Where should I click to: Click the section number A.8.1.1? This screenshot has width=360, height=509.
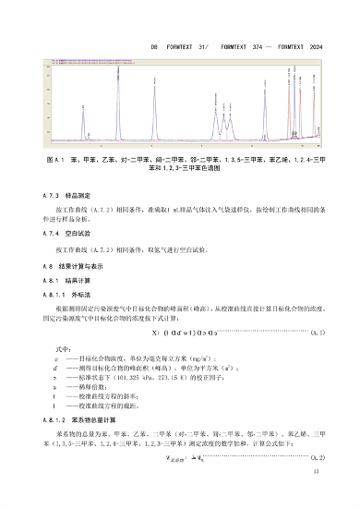coord(55,293)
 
